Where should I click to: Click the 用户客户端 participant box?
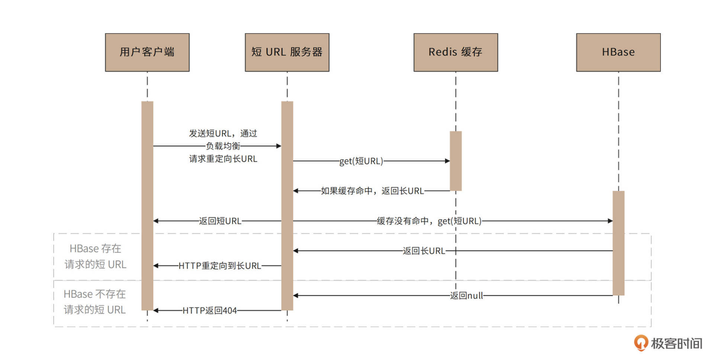(x=147, y=52)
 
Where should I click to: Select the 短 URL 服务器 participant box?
(x=287, y=52)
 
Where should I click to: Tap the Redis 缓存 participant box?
(x=456, y=52)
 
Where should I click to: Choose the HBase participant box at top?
(x=618, y=52)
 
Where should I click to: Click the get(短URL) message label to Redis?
(x=361, y=161)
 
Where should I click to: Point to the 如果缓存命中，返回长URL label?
(x=372, y=191)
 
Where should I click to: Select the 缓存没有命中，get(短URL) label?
(x=429, y=221)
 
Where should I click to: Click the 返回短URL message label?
(x=220, y=221)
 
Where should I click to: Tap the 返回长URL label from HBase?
(x=424, y=251)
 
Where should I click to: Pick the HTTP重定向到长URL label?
(x=220, y=266)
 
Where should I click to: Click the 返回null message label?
(x=466, y=296)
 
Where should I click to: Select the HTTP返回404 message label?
(x=210, y=311)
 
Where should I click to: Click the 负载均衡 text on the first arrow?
(x=223, y=146)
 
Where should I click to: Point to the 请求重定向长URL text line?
(x=223, y=159)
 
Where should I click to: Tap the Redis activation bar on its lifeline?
(x=456, y=161)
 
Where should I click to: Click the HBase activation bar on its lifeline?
(x=618, y=243)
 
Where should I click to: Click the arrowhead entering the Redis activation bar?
(x=447, y=161)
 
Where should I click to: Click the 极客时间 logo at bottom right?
(x=668, y=343)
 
